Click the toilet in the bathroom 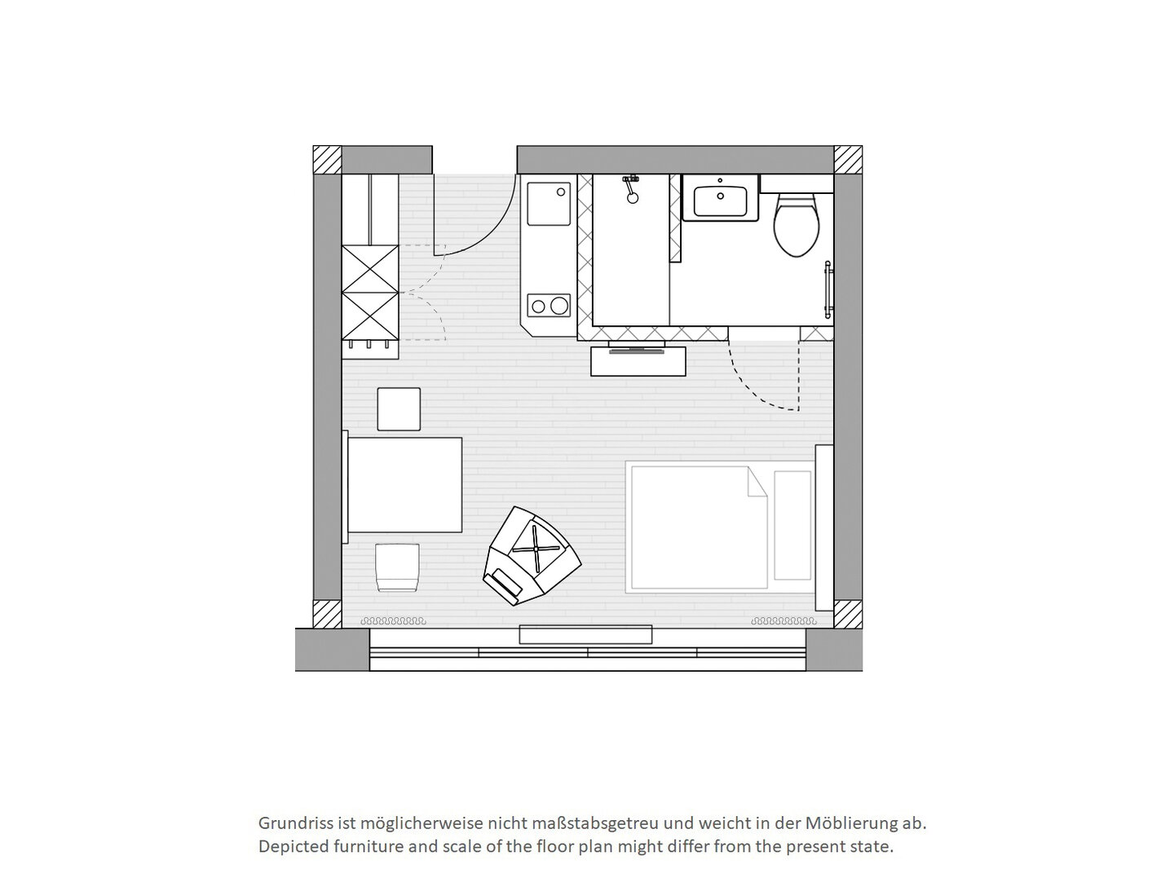coord(796,226)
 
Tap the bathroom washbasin coord(720,197)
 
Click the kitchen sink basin coord(549,204)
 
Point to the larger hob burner coord(559,306)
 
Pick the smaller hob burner coord(538,307)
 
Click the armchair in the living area coord(532,556)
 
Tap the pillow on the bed coord(792,526)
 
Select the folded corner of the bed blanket coord(757,482)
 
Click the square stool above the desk coord(399,409)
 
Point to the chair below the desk coord(397,567)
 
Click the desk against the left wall coord(404,485)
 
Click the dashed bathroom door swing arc coord(754,386)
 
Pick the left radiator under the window coord(393,621)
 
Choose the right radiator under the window coord(784,621)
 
